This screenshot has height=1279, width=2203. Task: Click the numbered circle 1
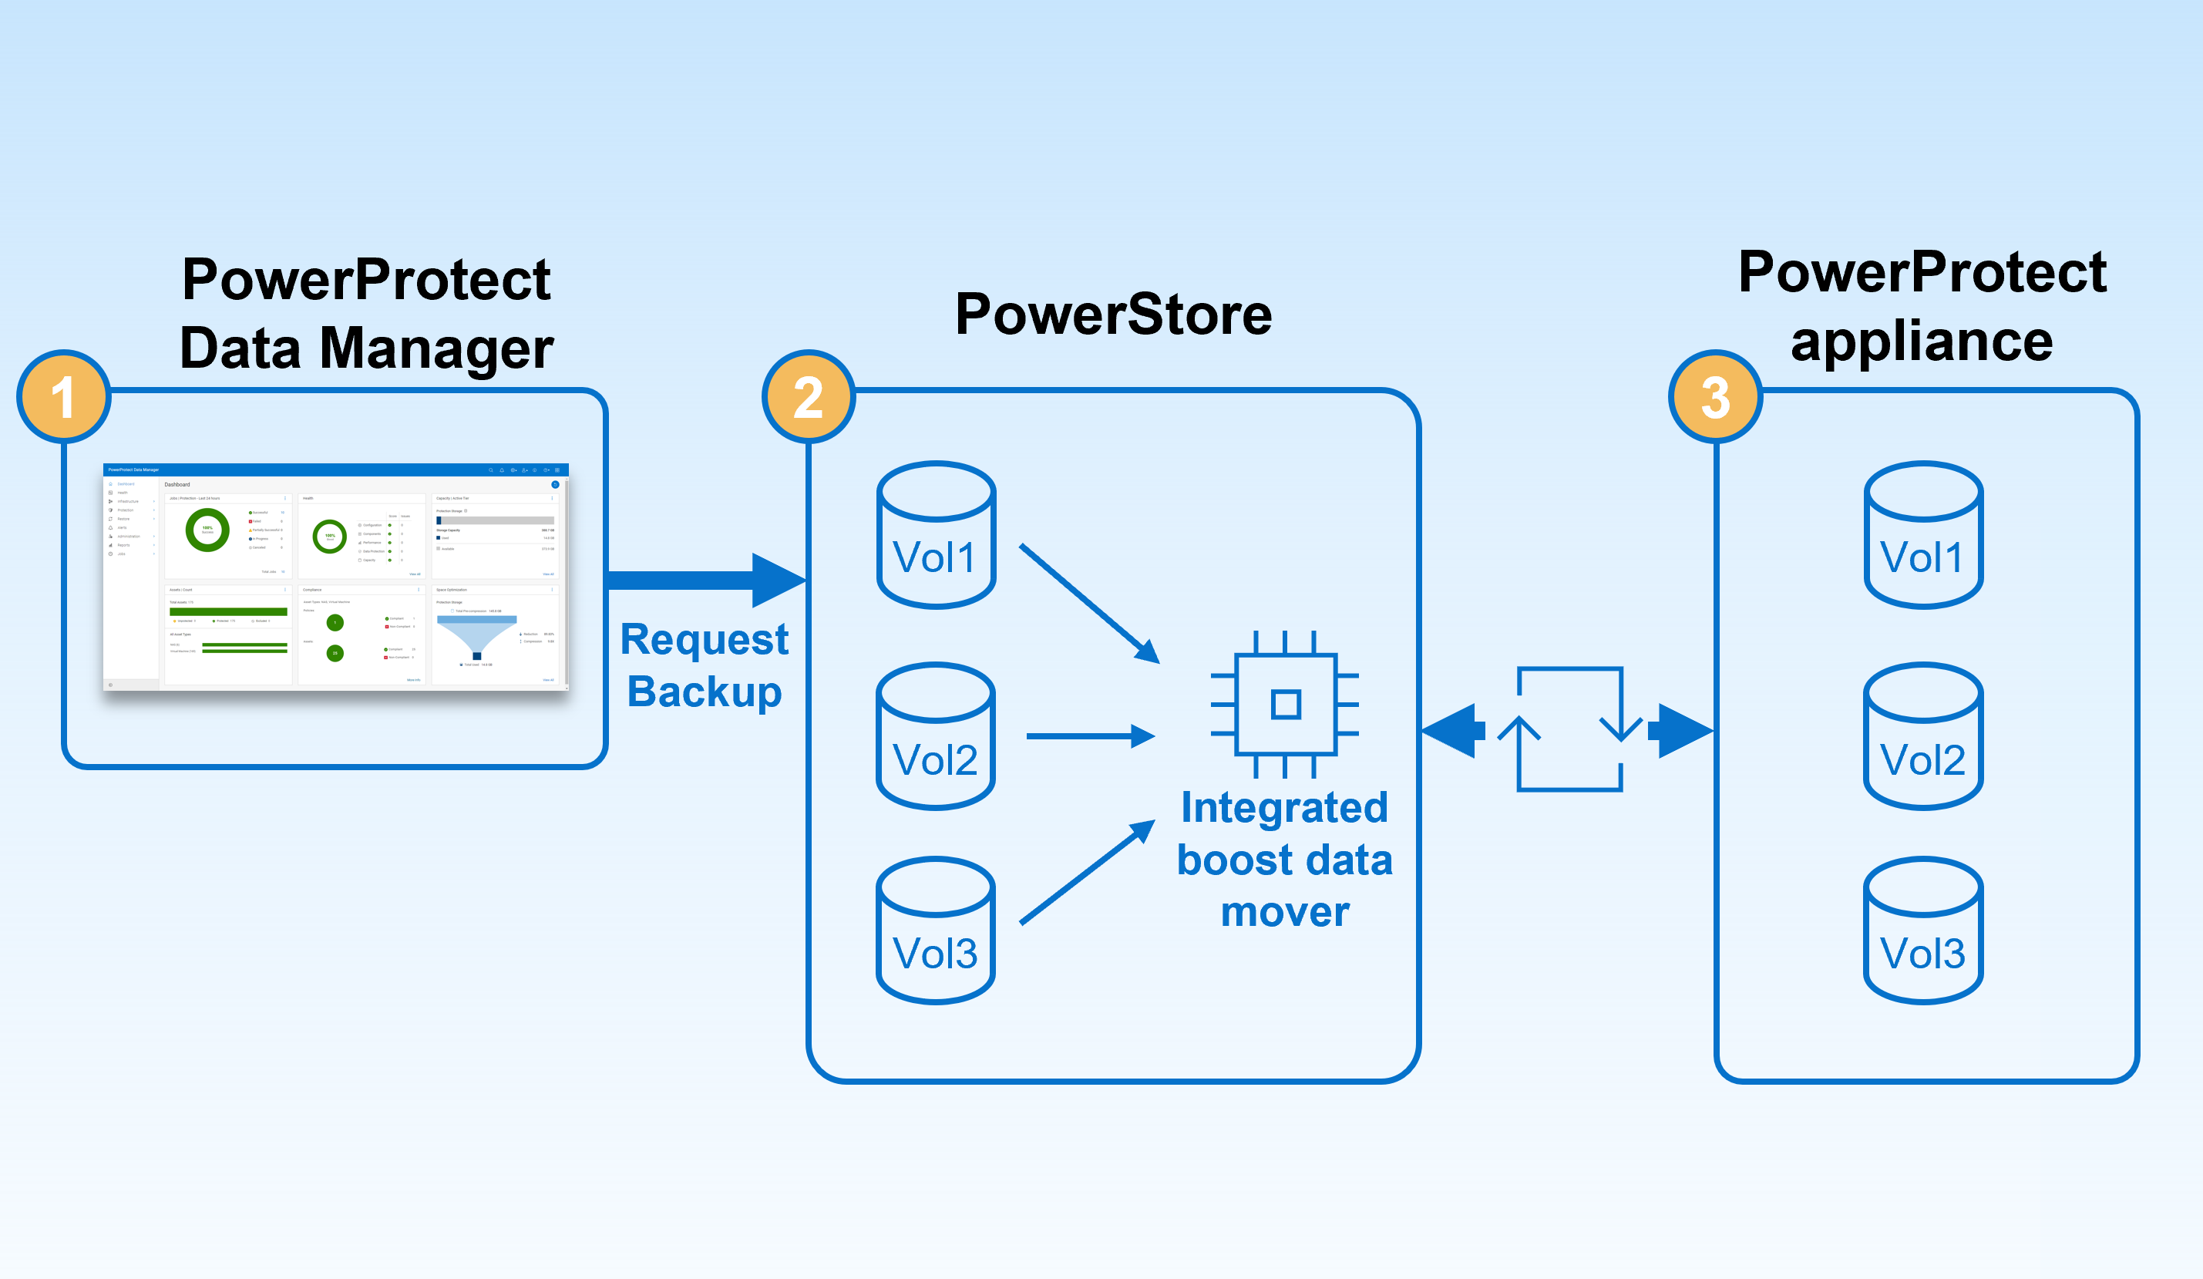[x=63, y=397]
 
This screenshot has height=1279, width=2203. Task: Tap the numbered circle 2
[x=808, y=397]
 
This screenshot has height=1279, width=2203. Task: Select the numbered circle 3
[x=1715, y=397]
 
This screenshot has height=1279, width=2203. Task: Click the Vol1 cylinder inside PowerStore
[x=936, y=535]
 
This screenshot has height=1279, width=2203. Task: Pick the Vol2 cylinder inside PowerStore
[x=936, y=736]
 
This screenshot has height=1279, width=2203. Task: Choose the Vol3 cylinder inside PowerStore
[x=936, y=931]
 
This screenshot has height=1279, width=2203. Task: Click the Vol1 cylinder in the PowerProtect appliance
[x=1923, y=535]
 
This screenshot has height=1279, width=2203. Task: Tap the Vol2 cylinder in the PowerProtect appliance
[x=1923, y=736]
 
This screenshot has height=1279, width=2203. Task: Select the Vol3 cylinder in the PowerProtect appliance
[x=1923, y=931]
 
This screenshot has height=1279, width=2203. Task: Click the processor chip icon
[x=1285, y=704]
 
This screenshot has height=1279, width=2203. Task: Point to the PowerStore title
[x=1113, y=315]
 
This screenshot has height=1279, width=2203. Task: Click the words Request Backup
[x=704, y=665]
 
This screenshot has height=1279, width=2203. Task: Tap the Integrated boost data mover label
[x=1284, y=860]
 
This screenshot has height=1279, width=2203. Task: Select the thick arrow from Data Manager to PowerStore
[x=699, y=581]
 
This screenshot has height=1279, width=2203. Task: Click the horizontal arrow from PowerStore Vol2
[x=1088, y=736]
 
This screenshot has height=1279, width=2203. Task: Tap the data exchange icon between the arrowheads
[x=1569, y=729]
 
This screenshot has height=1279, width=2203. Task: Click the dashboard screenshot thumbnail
[x=336, y=577]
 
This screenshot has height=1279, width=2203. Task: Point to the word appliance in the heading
[x=1922, y=341]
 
